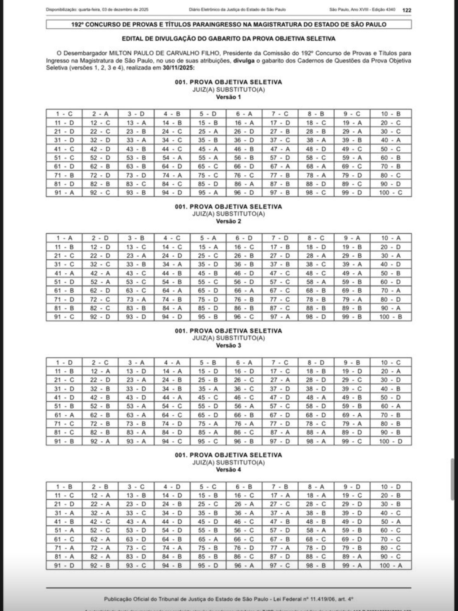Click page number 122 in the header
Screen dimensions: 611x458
tap(407, 10)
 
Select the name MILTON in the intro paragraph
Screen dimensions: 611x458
tap(122, 53)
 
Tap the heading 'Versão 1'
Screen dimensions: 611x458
tap(228, 97)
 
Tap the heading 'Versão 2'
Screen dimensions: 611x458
tap(228, 221)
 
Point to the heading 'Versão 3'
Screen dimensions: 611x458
tap(228, 345)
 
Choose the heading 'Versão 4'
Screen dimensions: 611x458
tap(228, 470)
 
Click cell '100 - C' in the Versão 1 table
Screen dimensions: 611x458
tap(391, 193)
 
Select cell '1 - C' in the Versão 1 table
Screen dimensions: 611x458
tap(64, 114)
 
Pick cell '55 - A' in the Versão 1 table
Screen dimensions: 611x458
tap(208, 158)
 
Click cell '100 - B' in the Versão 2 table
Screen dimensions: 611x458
tap(391, 317)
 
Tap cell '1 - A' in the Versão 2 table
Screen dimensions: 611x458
tap(64, 238)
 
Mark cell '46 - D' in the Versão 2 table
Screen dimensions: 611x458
tap(244, 273)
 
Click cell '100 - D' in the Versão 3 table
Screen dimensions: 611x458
tap(391, 441)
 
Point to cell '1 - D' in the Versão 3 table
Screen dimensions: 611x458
tap(64, 362)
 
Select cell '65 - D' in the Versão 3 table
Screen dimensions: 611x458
tap(208, 415)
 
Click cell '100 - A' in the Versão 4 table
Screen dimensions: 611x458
tap(391, 565)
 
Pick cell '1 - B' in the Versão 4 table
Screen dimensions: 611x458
tap(64, 487)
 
